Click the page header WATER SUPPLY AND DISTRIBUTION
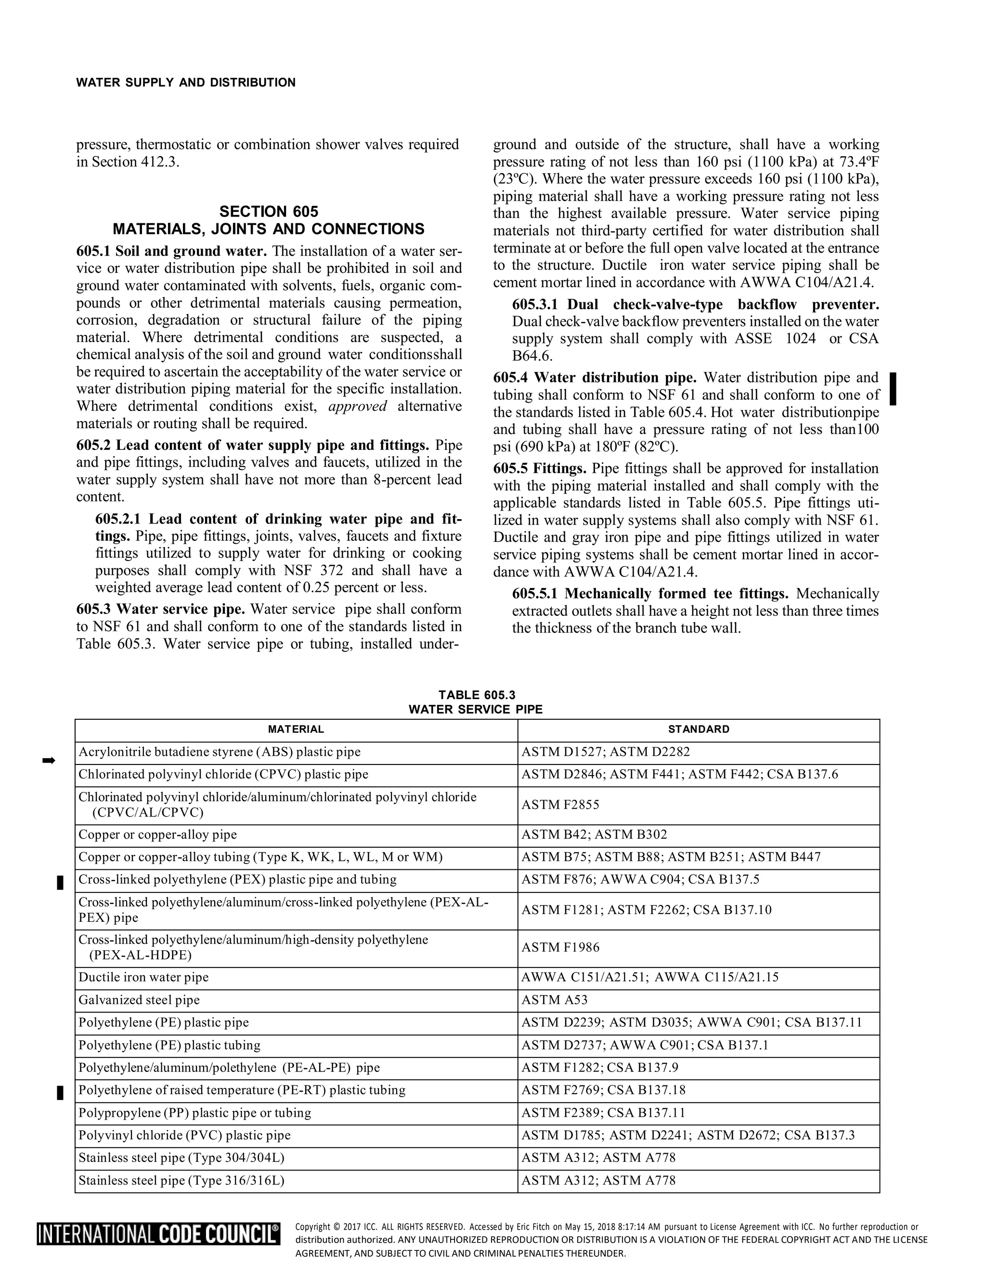point(186,83)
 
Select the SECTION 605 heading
point(269,211)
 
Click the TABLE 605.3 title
point(477,695)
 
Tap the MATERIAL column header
point(296,729)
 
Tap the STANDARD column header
point(699,729)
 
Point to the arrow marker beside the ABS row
point(49,760)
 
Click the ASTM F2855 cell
point(560,805)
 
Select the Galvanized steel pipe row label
point(139,1000)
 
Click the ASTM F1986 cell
point(560,947)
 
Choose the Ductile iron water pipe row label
point(143,977)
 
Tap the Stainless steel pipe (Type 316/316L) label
point(181,1180)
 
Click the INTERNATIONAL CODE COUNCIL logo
point(158,1235)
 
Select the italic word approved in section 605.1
point(358,407)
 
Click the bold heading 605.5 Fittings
point(540,469)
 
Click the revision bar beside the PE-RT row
point(60,1092)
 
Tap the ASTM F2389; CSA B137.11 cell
point(603,1113)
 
